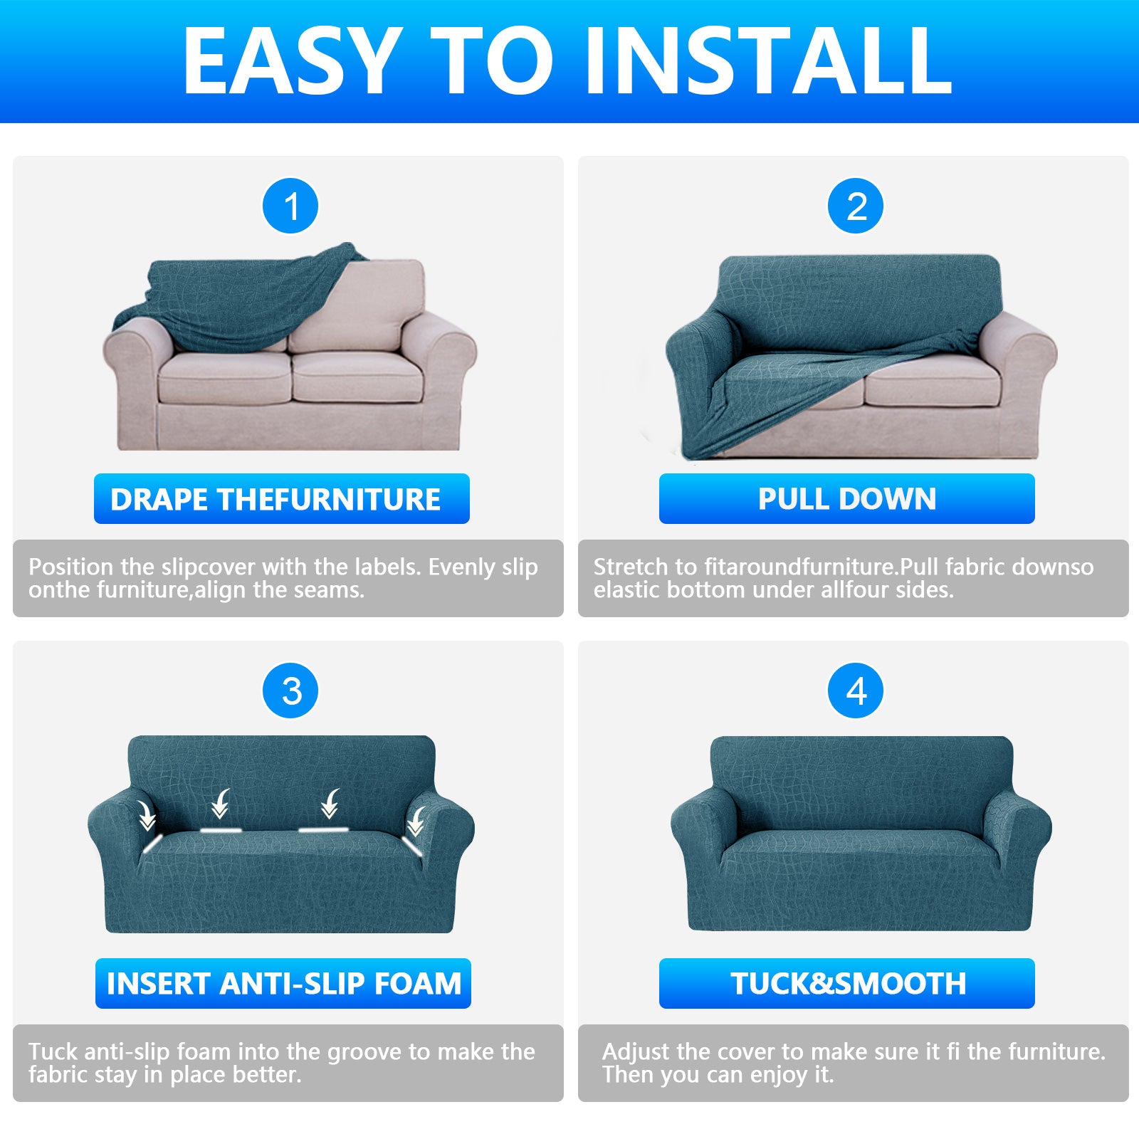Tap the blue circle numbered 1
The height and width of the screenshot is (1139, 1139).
290,206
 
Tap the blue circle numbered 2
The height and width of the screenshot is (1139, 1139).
856,206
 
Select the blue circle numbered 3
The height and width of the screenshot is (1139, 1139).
290,691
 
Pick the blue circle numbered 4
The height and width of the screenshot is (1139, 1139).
856,691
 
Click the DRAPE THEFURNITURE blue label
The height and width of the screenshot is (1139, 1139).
281,499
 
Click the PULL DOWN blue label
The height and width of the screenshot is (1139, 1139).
846,499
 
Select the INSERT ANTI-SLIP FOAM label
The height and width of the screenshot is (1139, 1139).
283,984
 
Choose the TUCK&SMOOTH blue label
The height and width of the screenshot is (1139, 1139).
846,984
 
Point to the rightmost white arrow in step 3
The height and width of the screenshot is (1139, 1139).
416,821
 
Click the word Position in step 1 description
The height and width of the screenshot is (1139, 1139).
71,567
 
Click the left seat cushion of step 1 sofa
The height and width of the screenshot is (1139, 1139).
224,377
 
